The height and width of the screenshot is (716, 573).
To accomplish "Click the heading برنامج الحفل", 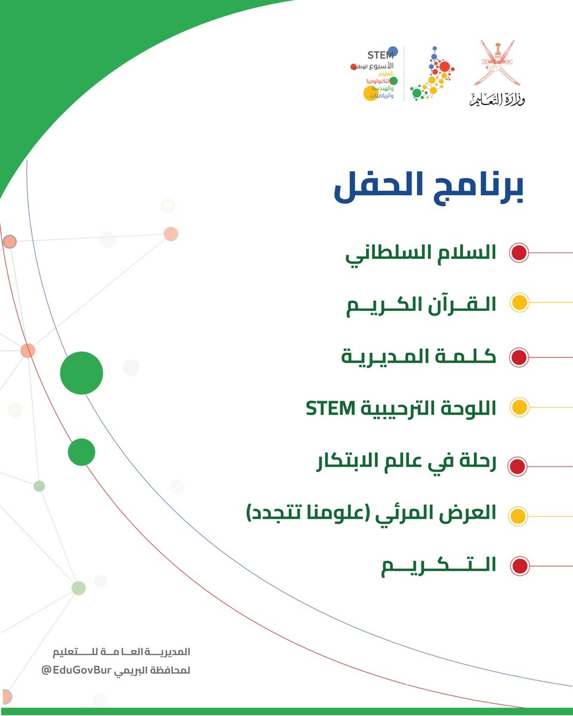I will [x=428, y=189].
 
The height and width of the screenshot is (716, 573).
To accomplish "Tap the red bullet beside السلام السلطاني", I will [x=519, y=252].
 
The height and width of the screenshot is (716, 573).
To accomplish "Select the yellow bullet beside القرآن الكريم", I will [x=519, y=303].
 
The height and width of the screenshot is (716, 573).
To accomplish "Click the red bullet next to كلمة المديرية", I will [x=519, y=357].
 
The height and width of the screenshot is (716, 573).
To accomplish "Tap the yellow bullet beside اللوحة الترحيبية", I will [x=519, y=408].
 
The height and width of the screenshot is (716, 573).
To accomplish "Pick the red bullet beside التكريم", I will [x=519, y=565].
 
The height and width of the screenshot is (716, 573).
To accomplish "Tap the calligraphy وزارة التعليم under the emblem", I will [x=497, y=100].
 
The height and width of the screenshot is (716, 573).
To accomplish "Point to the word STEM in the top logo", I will [x=380, y=55].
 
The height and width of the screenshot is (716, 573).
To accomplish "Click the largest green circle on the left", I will [x=82, y=373].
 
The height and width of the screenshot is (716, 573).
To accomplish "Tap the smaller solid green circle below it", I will [x=82, y=452].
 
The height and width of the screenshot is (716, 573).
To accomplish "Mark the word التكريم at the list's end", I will [x=439, y=566].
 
